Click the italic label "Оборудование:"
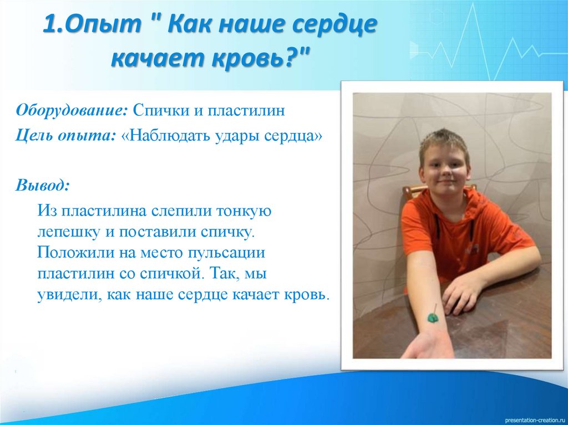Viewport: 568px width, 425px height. pyautogui.click(x=72, y=110)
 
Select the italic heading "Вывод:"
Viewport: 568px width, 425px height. pyautogui.click(x=43, y=185)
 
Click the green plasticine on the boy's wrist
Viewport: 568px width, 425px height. pyautogui.click(x=433, y=318)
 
